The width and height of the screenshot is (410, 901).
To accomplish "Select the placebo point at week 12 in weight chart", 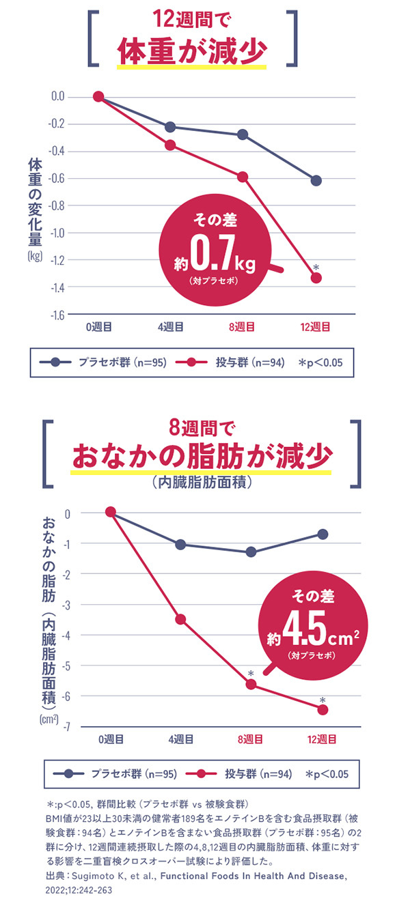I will coord(316,180).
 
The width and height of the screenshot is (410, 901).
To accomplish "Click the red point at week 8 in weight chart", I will coord(243,177).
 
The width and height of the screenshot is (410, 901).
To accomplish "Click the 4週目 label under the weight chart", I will coord(170,327).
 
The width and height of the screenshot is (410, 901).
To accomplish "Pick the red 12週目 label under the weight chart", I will coord(315,327).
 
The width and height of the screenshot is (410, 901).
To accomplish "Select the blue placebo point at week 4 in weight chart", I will coord(170,127).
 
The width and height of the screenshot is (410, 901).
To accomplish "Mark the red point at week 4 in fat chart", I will coord(180,619).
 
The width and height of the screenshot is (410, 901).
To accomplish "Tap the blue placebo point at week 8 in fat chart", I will coord(251,552).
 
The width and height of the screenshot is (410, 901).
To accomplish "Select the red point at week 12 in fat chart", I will coord(323,709).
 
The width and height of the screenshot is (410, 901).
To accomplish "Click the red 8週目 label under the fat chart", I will coord(251,739).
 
